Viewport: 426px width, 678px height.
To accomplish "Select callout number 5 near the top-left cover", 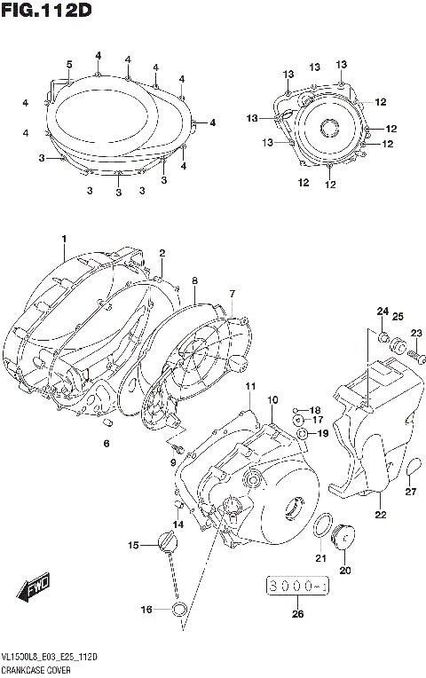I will pos(68,63).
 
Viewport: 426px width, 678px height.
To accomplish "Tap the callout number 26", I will pos(296,612).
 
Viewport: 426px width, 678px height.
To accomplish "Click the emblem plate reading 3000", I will pos(296,587).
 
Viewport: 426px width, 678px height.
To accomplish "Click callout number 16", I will pos(147,609).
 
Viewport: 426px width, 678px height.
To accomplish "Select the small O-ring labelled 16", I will pos(178,609).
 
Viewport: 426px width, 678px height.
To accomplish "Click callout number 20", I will pos(346,570).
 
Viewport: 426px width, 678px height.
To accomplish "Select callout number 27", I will pos(410,493).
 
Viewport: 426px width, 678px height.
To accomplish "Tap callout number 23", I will pos(416,333).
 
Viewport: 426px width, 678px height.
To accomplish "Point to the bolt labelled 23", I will pos(411,354).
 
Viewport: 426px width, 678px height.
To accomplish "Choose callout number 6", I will pos(106,444).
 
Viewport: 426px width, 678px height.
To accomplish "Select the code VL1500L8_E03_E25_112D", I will pos(50,656).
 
